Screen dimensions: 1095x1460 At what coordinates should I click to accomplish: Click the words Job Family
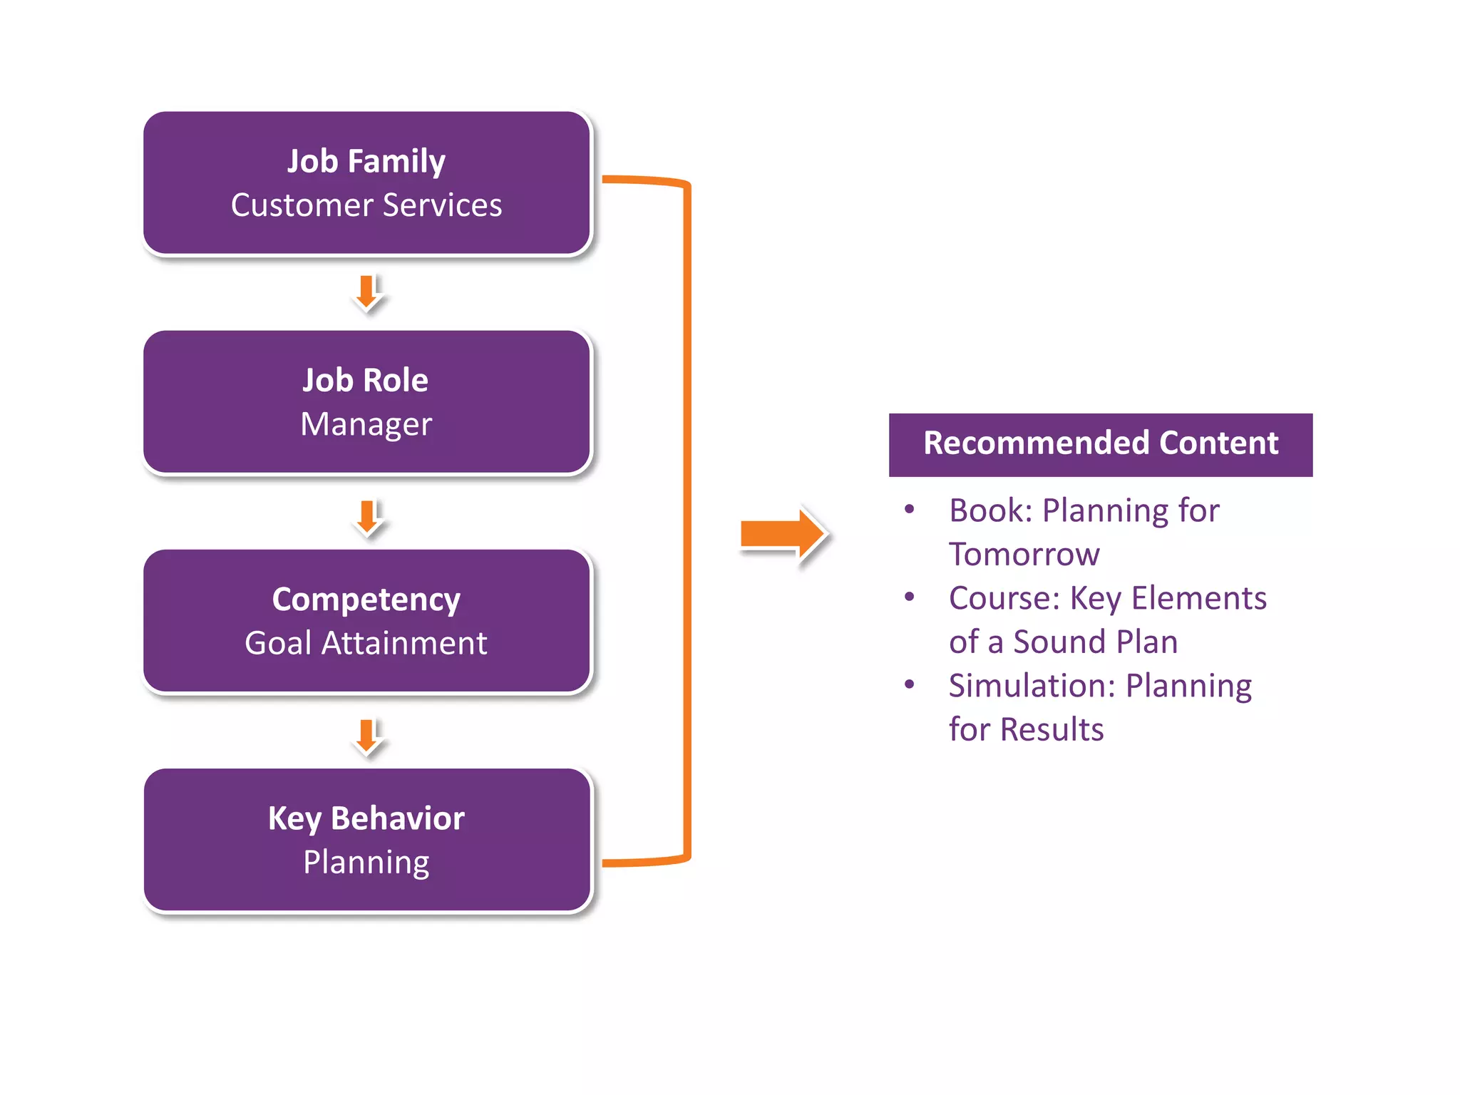tap(366, 162)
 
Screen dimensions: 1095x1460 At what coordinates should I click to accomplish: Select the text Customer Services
tap(366, 205)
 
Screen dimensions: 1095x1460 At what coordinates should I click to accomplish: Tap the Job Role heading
tap(365, 381)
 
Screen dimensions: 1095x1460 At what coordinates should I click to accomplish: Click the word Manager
tap(366, 424)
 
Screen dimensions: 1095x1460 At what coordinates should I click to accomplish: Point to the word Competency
tap(366, 600)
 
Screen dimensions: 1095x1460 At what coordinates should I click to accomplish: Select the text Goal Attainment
tap(366, 643)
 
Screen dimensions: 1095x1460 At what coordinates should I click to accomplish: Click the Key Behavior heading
tap(366, 818)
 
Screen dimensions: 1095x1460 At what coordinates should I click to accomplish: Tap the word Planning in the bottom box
tap(366, 862)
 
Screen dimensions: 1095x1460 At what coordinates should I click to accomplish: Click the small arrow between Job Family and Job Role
tap(367, 292)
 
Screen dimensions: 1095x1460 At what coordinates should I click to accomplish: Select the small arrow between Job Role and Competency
tap(367, 518)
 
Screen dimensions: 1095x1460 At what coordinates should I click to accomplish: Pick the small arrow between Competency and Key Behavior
tap(367, 736)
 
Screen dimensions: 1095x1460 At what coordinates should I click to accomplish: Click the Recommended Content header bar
tap(1100, 444)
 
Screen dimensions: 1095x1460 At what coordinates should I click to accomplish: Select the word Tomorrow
tap(1024, 555)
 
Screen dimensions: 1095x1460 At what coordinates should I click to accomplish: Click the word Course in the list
tap(998, 599)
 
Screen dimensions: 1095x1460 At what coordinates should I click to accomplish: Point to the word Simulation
tap(1027, 686)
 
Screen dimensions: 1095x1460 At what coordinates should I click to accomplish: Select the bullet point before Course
tap(909, 597)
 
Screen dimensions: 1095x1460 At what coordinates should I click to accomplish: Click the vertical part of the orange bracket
tap(687, 520)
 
